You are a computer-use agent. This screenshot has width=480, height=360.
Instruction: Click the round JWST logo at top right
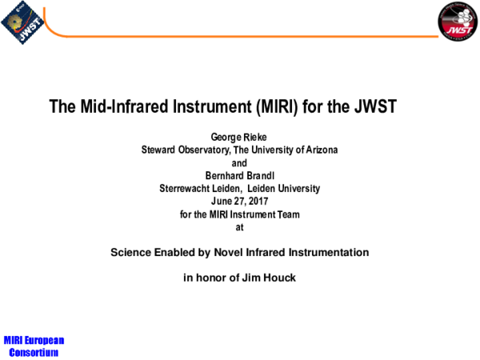[456, 22]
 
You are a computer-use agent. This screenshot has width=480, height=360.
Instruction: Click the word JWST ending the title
[376, 106]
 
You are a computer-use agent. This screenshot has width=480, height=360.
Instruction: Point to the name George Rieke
[239, 138]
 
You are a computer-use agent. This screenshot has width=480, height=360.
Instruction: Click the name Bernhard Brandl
[239, 176]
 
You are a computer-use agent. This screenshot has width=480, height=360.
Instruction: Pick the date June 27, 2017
[240, 202]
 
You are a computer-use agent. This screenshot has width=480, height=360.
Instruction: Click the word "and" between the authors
[239, 163]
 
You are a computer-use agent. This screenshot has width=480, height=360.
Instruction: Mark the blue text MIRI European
[33, 340]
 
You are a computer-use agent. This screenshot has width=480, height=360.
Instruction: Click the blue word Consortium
[33, 351]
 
